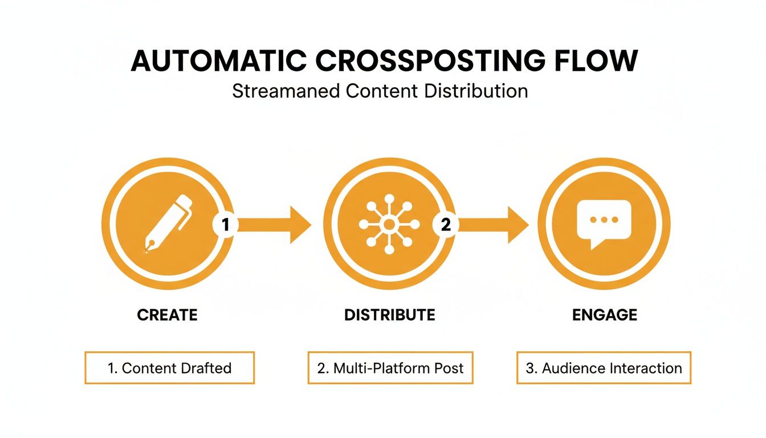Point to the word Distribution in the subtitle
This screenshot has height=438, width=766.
[477, 91]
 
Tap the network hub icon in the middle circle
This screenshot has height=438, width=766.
[389, 224]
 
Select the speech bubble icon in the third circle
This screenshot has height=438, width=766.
[604, 223]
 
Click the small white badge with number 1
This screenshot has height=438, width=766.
[225, 225]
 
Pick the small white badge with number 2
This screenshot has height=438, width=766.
[446, 225]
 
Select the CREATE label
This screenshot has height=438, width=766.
[167, 315]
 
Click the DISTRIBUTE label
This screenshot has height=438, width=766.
[390, 315]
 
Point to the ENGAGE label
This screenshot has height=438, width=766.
[605, 315]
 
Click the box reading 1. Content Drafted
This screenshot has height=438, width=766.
[169, 368]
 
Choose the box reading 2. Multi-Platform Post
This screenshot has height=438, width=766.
[390, 368]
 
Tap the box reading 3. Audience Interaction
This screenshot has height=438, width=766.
[604, 368]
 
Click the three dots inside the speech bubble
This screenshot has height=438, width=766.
[604, 219]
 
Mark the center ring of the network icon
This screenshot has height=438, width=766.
[389, 224]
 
